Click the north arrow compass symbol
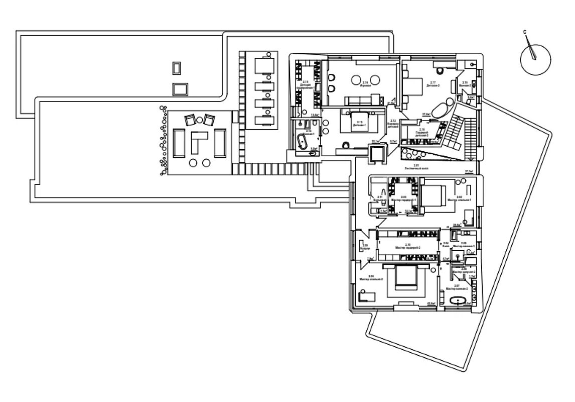coord(535,59)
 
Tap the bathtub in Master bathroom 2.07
coord(458,301)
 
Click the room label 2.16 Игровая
coord(365,84)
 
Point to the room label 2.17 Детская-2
coord(433,84)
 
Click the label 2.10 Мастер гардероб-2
coord(407,247)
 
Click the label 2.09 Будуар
coord(365,247)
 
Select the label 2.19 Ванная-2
coord(465,84)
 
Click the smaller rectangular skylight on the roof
coord(176,68)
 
